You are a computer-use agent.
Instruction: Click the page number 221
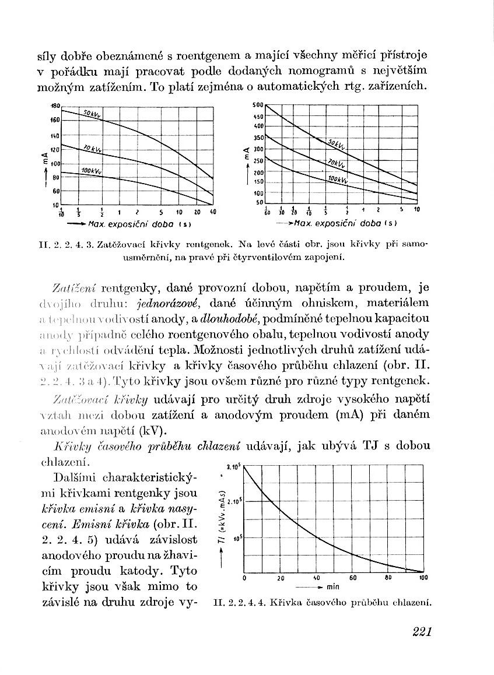(x=421, y=632)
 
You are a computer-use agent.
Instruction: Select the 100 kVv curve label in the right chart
(x=338, y=180)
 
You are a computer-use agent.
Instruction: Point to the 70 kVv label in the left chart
(x=92, y=150)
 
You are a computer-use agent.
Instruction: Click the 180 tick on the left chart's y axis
(x=55, y=106)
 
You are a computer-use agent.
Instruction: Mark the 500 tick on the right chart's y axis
(x=258, y=106)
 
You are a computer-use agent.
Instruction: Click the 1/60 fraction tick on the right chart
(x=266, y=211)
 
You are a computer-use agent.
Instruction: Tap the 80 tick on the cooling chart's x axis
(x=388, y=578)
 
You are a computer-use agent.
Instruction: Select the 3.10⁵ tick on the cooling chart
(x=233, y=467)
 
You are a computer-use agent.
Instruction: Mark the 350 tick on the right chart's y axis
(x=258, y=138)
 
